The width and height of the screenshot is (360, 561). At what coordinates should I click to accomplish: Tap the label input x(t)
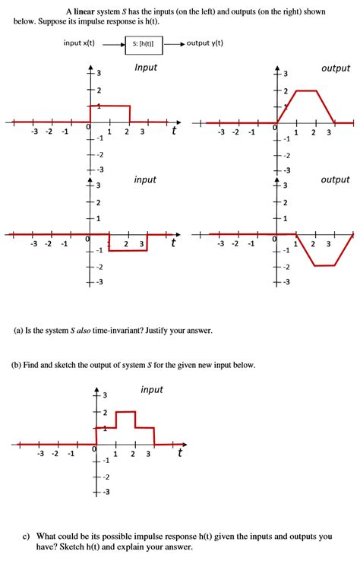(80, 43)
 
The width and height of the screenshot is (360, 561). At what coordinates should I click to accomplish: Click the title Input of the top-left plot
(145, 68)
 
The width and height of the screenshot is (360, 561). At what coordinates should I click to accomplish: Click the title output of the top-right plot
(336, 68)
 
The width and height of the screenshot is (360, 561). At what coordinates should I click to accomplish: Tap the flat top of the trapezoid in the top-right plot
(305, 90)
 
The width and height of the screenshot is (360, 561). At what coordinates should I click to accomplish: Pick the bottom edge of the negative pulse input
(128, 250)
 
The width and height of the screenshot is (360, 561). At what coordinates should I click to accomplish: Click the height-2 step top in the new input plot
(125, 411)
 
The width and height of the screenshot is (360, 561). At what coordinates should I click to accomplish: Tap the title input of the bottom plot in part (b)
(152, 390)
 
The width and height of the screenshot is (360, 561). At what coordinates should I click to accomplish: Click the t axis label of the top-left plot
(174, 132)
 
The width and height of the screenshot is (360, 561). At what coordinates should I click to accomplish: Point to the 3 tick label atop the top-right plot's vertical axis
(286, 74)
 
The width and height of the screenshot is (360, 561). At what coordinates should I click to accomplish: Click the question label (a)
(20, 331)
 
